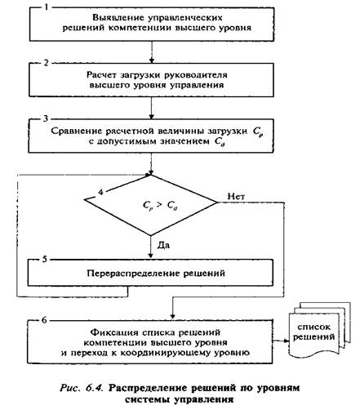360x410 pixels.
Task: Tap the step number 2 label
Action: tap(47, 63)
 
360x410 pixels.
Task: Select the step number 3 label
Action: tap(46, 119)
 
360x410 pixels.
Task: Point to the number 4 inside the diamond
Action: tap(100, 192)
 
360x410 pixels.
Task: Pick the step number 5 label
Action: tap(45, 259)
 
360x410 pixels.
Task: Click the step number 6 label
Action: tap(44, 320)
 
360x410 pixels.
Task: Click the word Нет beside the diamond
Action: tap(236, 196)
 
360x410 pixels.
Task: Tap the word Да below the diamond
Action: tap(163, 245)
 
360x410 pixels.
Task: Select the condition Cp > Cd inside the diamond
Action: tap(160, 206)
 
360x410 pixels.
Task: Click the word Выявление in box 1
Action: tap(118, 18)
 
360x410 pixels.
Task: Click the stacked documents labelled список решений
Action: tap(319, 329)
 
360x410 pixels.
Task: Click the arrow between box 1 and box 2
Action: tap(152, 52)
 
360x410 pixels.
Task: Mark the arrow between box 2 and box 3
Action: tap(152, 108)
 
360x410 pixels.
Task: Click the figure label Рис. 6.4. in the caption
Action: tap(82, 388)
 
